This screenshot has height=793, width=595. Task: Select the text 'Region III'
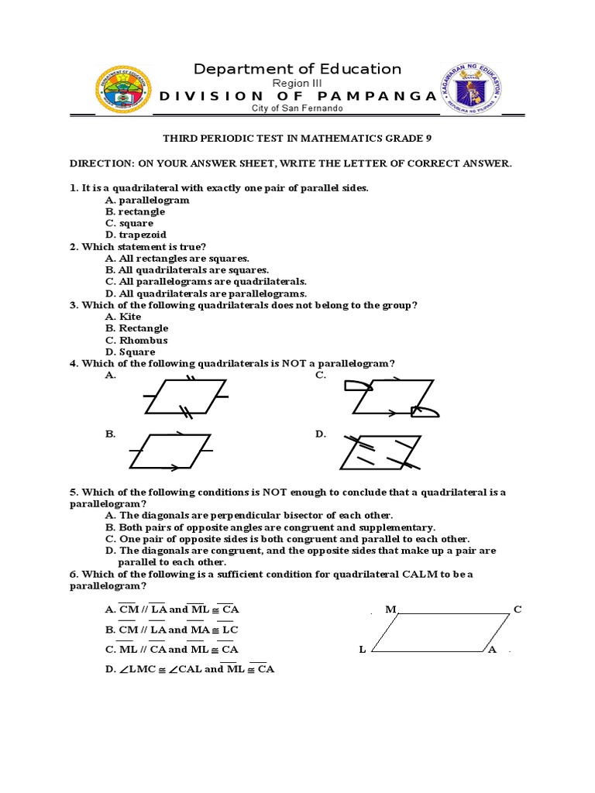pyautogui.click(x=297, y=83)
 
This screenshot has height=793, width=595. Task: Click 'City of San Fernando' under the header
pyautogui.click(x=297, y=109)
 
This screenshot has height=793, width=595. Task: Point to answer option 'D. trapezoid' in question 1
pyautogui.click(x=136, y=235)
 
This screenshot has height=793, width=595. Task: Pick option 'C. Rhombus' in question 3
pyautogui.click(x=137, y=340)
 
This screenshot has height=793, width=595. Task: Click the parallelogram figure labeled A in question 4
pyautogui.click(x=186, y=396)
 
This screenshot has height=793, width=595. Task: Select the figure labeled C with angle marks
pyautogui.click(x=394, y=396)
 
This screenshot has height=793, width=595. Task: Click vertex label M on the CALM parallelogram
pyautogui.click(x=390, y=609)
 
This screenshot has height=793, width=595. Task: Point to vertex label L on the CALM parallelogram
pyautogui.click(x=362, y=650)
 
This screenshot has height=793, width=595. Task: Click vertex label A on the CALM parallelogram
pyautogui.click(x=492, y=650)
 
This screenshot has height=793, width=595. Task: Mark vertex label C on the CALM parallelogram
pyautogui.click(x=518, y=609)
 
